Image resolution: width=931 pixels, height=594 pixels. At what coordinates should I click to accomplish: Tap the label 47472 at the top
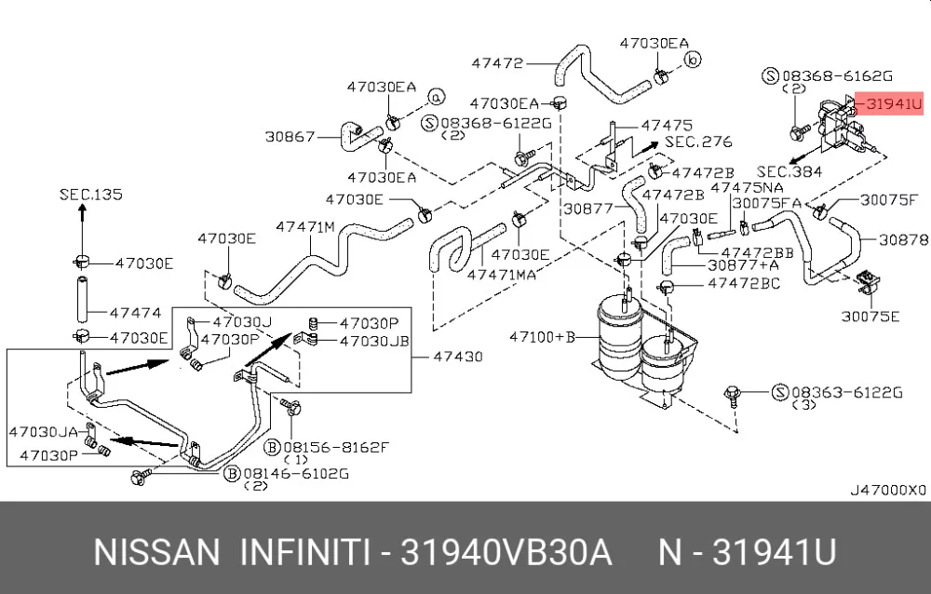pos(497,63)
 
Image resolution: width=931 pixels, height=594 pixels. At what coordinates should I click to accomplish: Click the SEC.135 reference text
pos(90,195)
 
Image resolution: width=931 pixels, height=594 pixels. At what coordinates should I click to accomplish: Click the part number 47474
pos(136,313)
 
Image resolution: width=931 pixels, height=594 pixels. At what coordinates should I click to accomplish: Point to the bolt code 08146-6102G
pos(296,473)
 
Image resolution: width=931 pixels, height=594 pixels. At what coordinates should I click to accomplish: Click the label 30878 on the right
pos(902,239)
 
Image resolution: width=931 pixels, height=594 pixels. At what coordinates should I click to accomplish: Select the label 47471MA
pos(502,275)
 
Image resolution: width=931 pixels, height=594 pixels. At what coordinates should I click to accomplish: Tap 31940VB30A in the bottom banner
pos(506,553)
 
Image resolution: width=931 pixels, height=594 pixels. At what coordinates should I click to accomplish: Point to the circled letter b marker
pos(691,61)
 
